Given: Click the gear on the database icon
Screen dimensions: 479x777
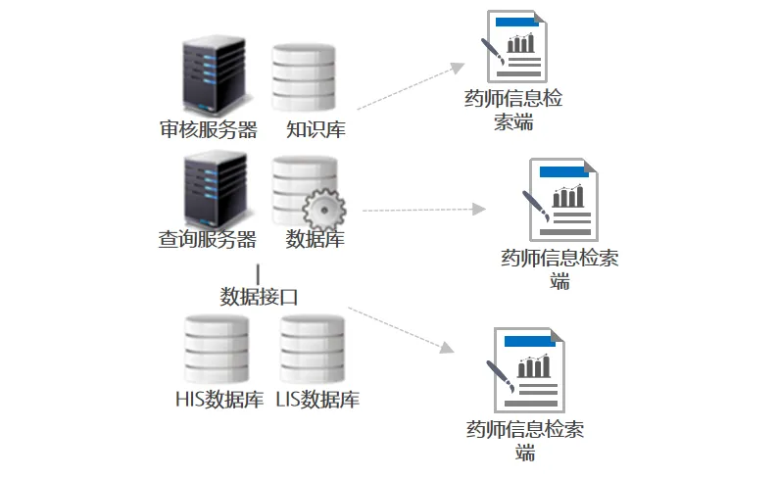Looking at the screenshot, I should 324,211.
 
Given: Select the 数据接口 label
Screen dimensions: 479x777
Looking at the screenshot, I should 259,297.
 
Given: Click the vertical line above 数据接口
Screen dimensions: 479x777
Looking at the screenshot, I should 259,274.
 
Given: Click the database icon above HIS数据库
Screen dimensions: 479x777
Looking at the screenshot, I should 217,349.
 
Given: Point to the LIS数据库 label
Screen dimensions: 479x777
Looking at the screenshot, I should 317,400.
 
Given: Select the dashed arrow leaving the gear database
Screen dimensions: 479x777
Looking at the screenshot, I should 423,210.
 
